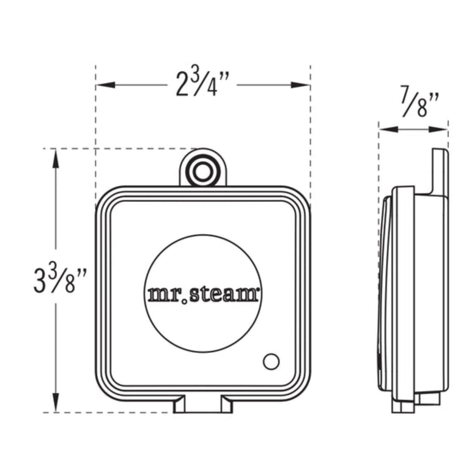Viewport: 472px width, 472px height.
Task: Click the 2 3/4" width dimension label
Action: [x=202, y=84]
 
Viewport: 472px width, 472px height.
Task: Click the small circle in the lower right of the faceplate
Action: [x=271, y=362]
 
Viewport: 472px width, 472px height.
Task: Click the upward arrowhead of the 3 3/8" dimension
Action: [x=56, y=158]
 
